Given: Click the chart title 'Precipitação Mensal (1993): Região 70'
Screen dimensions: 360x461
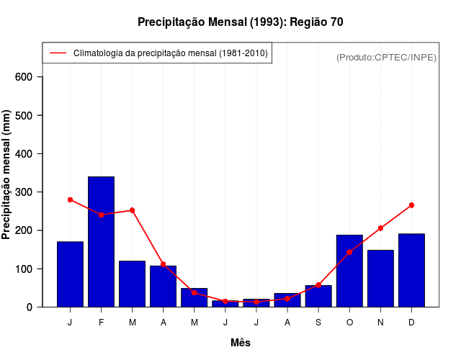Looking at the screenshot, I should point(241,22).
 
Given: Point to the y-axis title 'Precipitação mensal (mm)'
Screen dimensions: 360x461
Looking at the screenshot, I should point(6,175).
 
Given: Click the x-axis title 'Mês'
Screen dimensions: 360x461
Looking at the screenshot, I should point(241,343).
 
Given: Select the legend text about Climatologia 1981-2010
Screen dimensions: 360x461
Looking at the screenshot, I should point(171,53).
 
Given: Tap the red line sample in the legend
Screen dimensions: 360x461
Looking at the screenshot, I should point(58,53).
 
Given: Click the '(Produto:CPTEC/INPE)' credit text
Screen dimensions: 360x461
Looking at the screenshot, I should point(386,58).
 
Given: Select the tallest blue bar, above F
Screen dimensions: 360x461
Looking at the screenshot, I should point(101,241).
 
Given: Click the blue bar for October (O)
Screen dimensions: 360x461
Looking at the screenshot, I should point(349,271).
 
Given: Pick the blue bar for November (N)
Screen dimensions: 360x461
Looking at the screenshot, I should point(380,278).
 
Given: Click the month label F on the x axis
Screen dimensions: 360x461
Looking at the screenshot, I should point(101,323).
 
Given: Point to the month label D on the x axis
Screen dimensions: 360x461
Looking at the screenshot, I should point(411,323).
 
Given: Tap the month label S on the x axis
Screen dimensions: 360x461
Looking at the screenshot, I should point(318,323).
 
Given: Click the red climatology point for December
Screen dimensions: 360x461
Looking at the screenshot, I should point(411,205).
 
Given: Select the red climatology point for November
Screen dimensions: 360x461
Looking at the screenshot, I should point(380,228).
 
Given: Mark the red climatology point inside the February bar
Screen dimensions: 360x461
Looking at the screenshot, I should point(101,215).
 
